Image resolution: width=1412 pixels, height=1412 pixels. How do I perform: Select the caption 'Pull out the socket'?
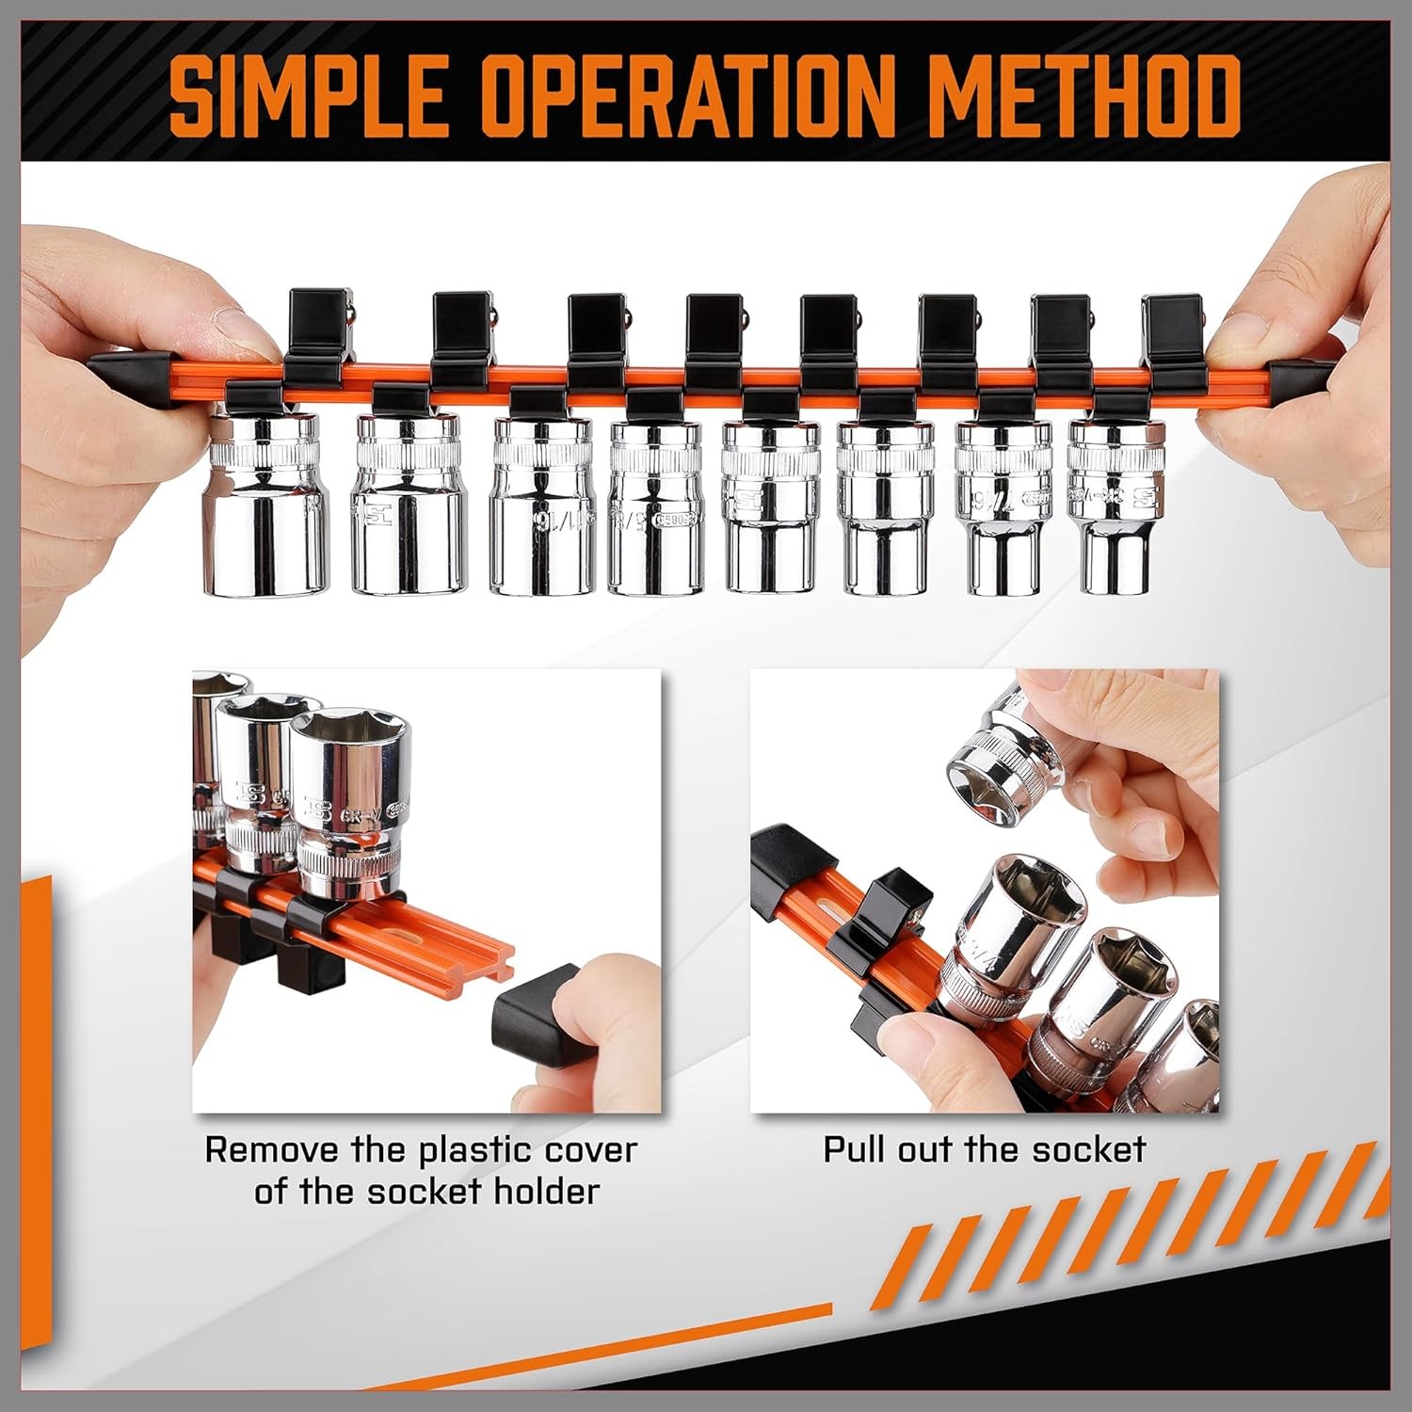point(984,1149)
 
